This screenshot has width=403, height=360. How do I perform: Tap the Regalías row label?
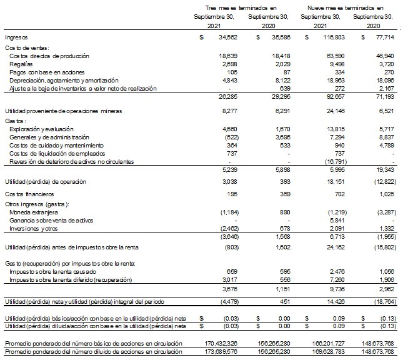pyautogui.click(x=21, y=64)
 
